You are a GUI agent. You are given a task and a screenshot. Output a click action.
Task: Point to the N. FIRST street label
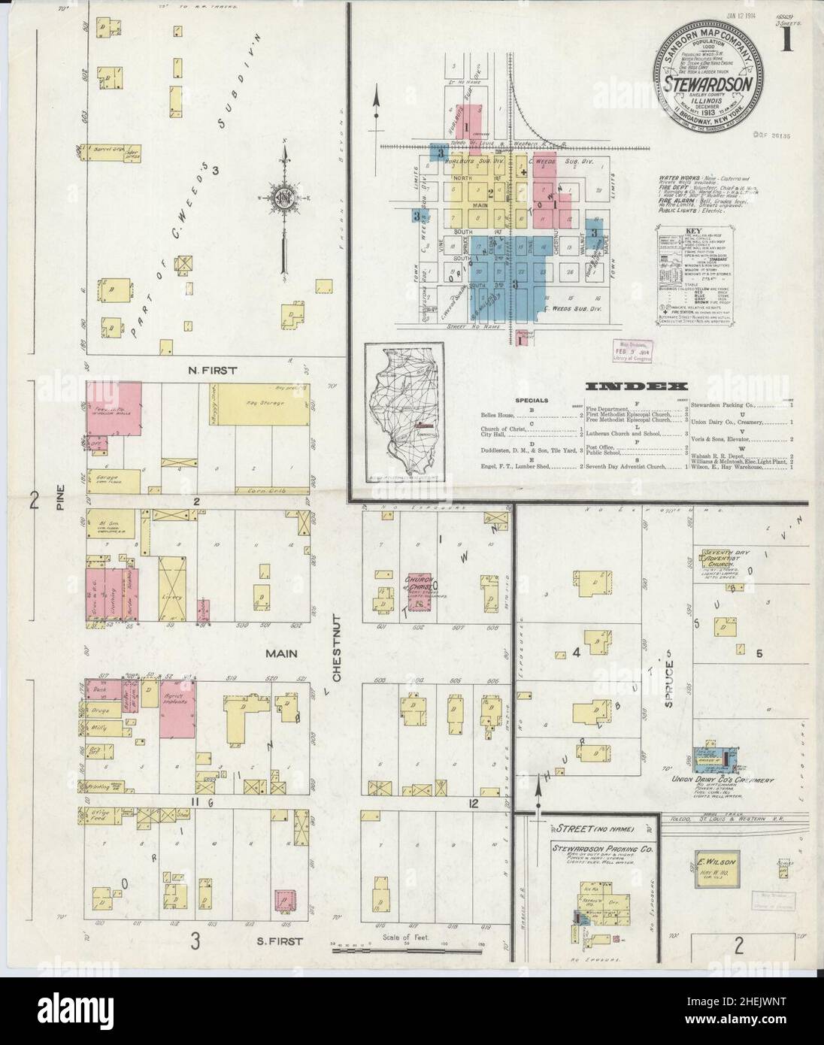point(214,370)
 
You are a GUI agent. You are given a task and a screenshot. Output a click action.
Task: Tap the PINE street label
point(59,500)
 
